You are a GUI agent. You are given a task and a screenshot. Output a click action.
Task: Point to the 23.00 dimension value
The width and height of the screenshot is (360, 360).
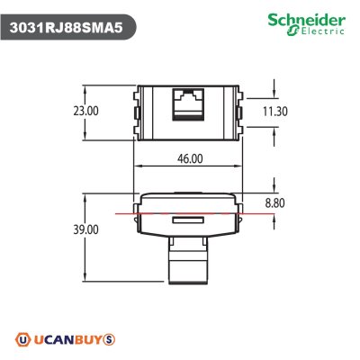[x=62, y=111]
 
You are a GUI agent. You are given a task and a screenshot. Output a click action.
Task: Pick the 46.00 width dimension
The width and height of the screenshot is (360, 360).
[x=188, y=157]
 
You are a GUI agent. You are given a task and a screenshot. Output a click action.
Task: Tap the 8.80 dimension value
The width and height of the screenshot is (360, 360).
[x=274, y=203]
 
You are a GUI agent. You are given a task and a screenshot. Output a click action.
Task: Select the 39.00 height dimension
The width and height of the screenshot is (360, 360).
[x=62, y=230]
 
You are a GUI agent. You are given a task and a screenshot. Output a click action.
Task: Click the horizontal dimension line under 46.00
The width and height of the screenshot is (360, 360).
[x=188, y=168]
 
